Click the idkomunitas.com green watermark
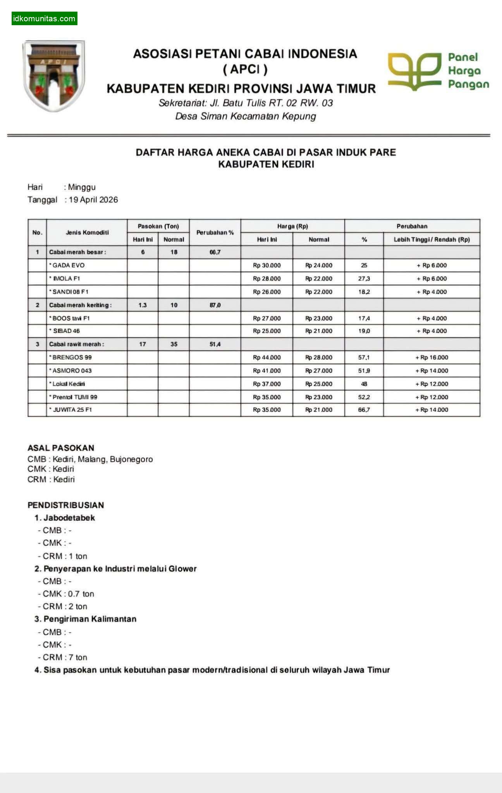(44, 19)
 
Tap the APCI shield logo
(54, 76)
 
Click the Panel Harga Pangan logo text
(468, 71)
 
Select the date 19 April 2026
(93, 200)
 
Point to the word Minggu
(82, 187)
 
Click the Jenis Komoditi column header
(87, 232)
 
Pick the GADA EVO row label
(68, 265)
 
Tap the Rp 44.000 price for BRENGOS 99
(267, 357)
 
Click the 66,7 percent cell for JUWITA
(364, 410)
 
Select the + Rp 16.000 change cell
(432, 357)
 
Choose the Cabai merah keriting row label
(80, 305)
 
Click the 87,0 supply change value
(215, 305)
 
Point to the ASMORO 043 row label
(72, 371)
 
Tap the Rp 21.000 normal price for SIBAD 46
(319, 331)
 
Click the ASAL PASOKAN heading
(61, 448)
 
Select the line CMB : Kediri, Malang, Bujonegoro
(90, 459)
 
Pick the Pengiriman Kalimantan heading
(89, 619)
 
